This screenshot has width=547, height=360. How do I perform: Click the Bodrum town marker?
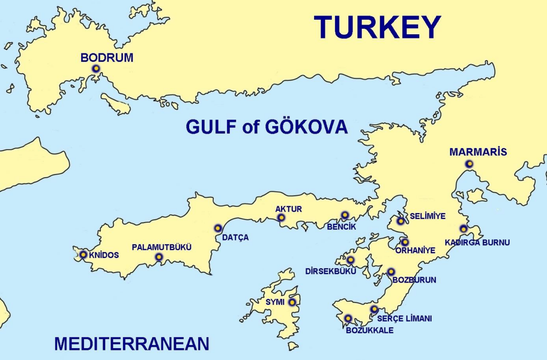(x=96, y=68)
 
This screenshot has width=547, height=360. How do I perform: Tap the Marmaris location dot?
(x=469, y=164)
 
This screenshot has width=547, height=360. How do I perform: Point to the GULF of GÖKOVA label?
(x=267, y=127)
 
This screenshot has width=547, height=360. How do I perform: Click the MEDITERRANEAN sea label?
(x=131, y=343)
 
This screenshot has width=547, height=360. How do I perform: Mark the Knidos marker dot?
(x=83, y=254)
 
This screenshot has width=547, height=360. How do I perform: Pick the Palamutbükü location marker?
(x=159, y=258)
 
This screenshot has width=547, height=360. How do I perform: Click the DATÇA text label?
(x=235, y=238)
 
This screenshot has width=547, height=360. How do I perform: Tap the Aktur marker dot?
(x=281, y=218)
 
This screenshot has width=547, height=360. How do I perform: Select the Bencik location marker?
(x=345, y=215)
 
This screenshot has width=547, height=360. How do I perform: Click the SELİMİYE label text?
(x=427, y=216)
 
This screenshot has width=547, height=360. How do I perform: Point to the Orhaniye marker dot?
(x=405, y=242)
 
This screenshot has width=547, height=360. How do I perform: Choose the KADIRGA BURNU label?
(x=478, y=242)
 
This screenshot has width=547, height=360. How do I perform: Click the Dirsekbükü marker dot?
(x=350, y=260)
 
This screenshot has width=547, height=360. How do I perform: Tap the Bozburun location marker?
(x=391, y=272)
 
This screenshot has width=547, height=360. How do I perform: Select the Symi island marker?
(x=292, y=302)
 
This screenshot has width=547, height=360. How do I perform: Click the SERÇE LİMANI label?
(x=404, y=319)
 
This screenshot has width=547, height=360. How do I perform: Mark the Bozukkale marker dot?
(x=348, y=318)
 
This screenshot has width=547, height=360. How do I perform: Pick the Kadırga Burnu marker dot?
(x=464, y=229)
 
